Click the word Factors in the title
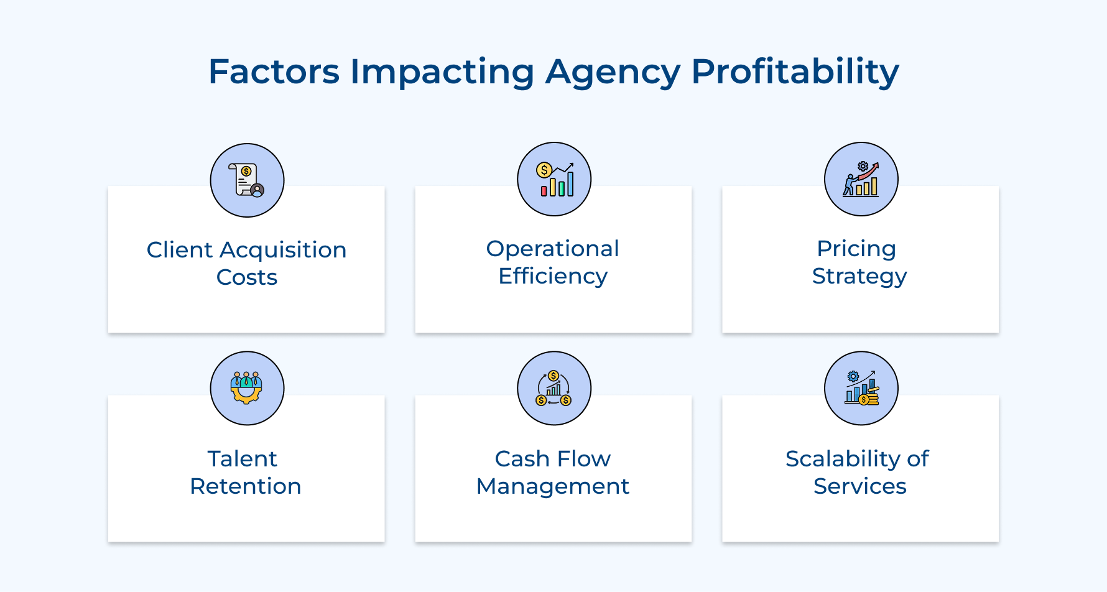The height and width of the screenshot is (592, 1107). tap(274, 72)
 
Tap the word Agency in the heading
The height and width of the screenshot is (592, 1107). tap(613, 73)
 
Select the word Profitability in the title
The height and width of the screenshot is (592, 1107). tap(795, 72)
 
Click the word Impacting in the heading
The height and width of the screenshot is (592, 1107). tap(442, 73)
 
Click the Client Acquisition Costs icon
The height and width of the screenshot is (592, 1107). tap(247, 180)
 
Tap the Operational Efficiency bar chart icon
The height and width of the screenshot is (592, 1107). tap(554, 179)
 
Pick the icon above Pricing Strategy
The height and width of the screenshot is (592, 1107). tap(861, 179)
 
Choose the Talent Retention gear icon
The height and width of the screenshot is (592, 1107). tap(247, 388)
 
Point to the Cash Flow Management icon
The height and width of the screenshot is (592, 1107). tap(554, 388)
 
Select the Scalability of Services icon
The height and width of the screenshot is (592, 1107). tap(861, 388)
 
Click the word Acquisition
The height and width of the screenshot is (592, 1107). tap(283, 250)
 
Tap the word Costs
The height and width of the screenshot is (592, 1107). tap(247, 277)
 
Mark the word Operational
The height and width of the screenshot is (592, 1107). tap(552, 249)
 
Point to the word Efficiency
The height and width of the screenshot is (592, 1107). tap(552, 276)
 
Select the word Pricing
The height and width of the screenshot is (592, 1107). tap(856, 249)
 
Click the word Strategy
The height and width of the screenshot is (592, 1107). tap(859, 276)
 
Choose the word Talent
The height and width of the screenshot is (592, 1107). tap(242, 459)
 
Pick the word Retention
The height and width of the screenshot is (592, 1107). tap(246, 486)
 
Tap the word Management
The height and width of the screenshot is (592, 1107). tap(552, 486)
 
